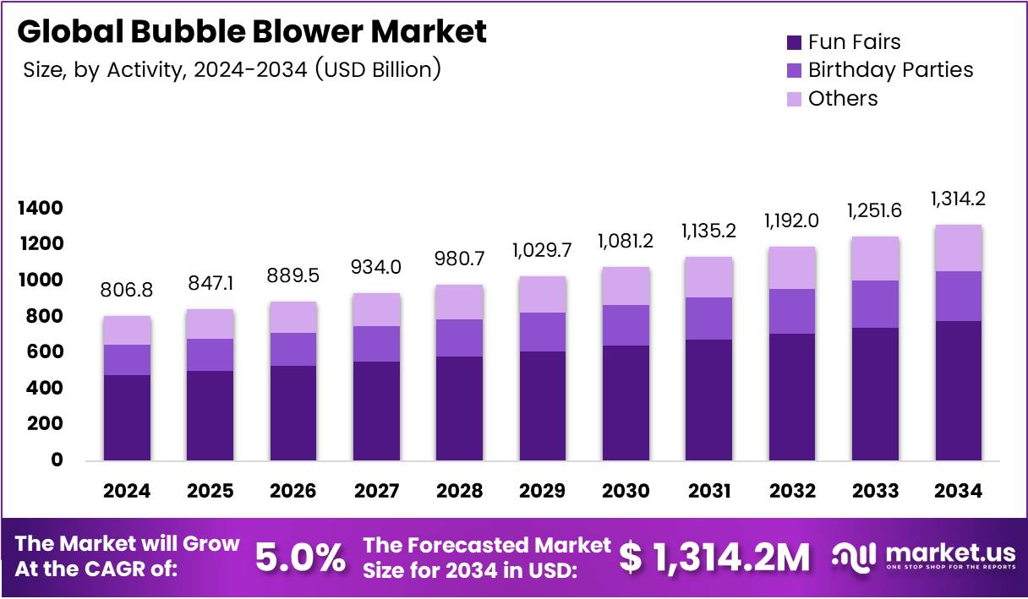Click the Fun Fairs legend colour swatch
[795, 42]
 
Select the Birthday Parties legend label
[890, 70]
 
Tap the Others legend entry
[843, 99]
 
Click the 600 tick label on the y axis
[44, 352]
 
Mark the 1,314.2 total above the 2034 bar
[958, 199]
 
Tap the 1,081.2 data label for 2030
[626, 242]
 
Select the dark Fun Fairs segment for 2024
[127, 418]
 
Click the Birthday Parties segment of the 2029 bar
[543, 332]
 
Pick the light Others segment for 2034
[958, 248]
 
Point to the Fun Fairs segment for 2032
[792, 397]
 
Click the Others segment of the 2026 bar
[293, 317]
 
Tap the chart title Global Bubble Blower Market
[252, 31]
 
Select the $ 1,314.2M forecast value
[714, 557]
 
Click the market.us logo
[923, 557]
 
